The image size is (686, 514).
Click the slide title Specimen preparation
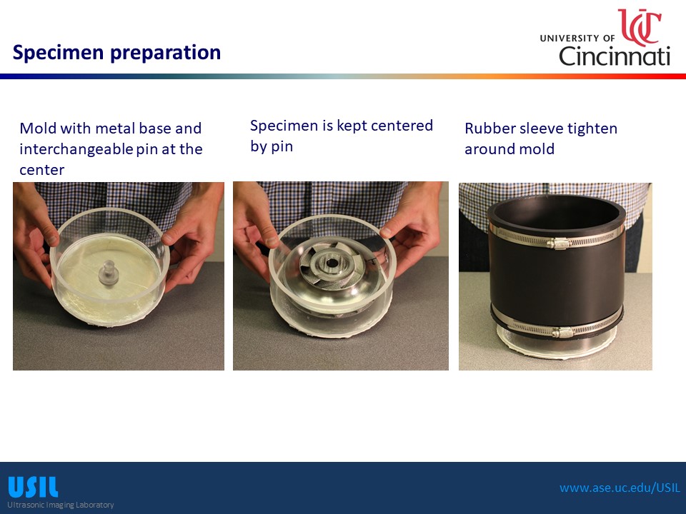(x=116, y=52)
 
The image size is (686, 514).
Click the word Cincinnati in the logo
(x=615, y=56)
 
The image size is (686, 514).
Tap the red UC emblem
(x=639, y=26)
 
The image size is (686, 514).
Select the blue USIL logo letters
(x=33, y=487)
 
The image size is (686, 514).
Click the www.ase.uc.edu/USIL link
(x=620, y=488)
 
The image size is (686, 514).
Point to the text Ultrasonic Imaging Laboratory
(x=60, y=505)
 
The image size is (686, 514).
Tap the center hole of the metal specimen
(x=331, y=263)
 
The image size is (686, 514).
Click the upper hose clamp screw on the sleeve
(x=558, y=243)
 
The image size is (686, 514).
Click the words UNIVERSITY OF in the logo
(x=577, y=39)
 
